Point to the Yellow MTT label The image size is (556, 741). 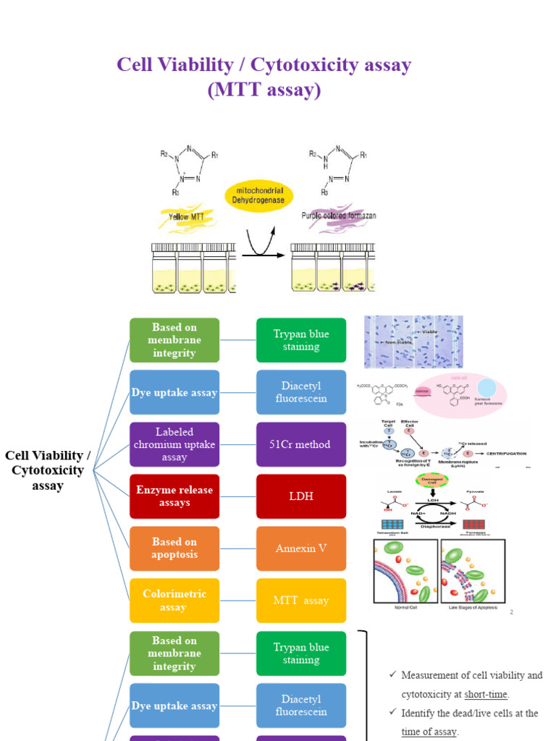click(x=189, y=216)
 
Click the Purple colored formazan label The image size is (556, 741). click(x=338, y=216)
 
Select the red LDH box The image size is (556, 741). click(x=301, y=496)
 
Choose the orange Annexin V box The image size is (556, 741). click(x=301, y=549)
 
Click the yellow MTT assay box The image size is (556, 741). click(x=301, y=601)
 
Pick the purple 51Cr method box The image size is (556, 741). click(x=301, y=444)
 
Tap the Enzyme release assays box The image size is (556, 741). click(x=174, y=496)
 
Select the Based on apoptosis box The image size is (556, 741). click(x=174, y=549)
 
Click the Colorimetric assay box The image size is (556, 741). click(x=174, y=601)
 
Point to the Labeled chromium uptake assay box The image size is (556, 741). click(x=174, y=444)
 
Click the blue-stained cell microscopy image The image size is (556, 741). click(x=413, y=342)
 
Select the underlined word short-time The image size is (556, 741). click(x=486, y=694)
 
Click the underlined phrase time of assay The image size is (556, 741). click(x=429, y=732)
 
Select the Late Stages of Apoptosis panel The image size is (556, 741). click(x=473, y=572)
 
